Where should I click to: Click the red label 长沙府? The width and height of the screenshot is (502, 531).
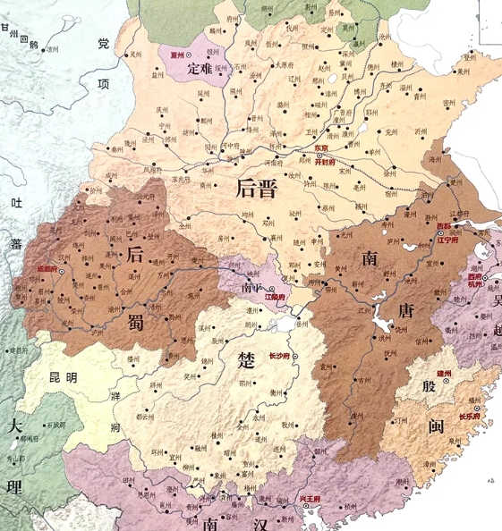point(280,355)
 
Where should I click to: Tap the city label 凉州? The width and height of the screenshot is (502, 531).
point(53,49)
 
